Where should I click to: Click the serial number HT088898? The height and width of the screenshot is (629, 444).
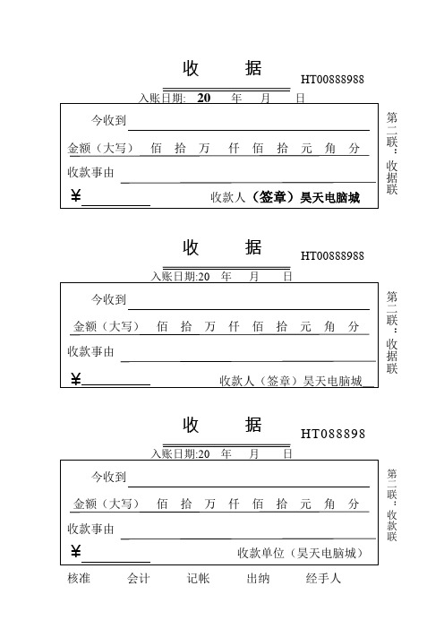click(x=333, y=435)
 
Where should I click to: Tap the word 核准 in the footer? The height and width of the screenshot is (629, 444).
click(x=79, y=579)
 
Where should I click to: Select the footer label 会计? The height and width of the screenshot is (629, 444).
click(x=139, y=579)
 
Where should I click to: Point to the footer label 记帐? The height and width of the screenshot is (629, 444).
click(x=198, y=579)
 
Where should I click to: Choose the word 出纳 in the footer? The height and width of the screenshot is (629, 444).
click(x=258, y=579)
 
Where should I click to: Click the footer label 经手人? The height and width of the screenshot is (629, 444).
click(x=323, y=579)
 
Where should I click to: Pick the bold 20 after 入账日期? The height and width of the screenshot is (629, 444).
click(x=203, y=99)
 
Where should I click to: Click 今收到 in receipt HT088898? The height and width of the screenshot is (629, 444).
click(x=109, y=476)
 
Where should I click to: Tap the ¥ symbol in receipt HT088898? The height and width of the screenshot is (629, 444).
click(x=75, y=551)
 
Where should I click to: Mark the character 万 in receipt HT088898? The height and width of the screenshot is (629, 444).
click(x=210, y=502)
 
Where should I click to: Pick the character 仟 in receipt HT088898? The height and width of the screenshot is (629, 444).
click(x=234, y=502)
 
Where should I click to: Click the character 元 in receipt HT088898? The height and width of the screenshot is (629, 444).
click(x=306, y=502)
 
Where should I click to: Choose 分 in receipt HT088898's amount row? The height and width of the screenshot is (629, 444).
click(x=354, y=502)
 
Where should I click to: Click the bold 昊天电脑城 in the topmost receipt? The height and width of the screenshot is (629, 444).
click(x=329, y=197)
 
